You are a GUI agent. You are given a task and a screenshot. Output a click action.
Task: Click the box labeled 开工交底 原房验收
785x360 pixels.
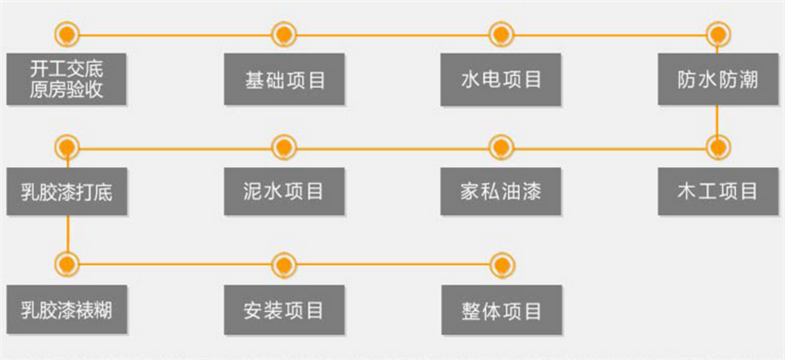click(66, 79)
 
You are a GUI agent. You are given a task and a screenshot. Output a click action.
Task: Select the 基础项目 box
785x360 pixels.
click(284, 79)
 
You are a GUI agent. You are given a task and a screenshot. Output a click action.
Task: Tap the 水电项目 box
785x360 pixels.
click(501, 79)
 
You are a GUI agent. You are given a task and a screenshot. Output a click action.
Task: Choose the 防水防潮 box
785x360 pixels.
click(717, 79)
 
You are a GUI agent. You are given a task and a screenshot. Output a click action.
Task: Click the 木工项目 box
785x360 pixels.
click(717, 192)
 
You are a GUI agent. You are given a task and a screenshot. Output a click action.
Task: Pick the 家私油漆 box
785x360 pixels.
click(501, 192)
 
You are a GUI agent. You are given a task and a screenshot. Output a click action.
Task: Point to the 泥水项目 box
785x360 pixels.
click(284, 192)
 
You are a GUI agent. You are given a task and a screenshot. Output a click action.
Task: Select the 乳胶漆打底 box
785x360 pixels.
click(66, 192)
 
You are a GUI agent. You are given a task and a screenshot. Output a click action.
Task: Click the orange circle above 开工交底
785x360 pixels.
click(66, 35)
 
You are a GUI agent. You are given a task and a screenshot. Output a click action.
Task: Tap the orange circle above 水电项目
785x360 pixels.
click(501, 35)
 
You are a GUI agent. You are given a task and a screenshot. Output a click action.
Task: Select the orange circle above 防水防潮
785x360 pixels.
click(718, 35)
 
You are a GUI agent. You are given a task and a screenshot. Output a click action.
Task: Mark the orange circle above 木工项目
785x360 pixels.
click(718, 147)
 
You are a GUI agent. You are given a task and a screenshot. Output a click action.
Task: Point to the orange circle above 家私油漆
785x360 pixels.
click(501, 147)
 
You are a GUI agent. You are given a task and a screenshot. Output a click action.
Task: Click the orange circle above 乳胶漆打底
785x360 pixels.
click(66, 147)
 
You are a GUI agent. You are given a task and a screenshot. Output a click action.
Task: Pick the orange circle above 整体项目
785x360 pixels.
click(501, 265)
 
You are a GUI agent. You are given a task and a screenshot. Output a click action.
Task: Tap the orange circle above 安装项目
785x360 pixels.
click(284, 265)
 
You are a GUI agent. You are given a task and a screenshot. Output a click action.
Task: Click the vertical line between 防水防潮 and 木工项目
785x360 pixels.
click(718, 120)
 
